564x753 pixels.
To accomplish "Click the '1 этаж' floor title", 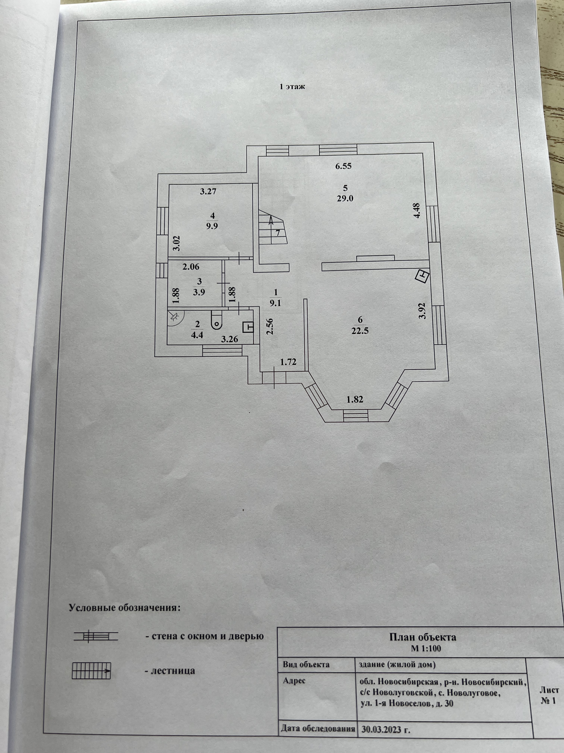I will pyautogui.click(x=292, y=87).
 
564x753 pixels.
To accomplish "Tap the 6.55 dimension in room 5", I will pyautogui.click(x=343, y=166).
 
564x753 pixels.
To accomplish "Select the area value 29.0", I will pyautogui.click(x=345, y=199).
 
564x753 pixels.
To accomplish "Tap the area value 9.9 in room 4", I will pyautogui.click(x=212, y=226).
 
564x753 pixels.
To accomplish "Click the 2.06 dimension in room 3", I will pyautogui.click(x=191, y=267).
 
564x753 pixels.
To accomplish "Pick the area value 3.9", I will pyautogui.click(x=199, y=292).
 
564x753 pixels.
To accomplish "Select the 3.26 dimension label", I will pyautogui.click(x=229, y=339).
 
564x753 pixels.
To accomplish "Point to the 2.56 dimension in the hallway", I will pyautogui.click(x=270, y=326).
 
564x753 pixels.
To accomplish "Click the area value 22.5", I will pyautogui.click(x=360, y=331).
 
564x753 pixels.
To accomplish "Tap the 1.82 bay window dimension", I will pyautogui.click(x=355, y=399).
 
